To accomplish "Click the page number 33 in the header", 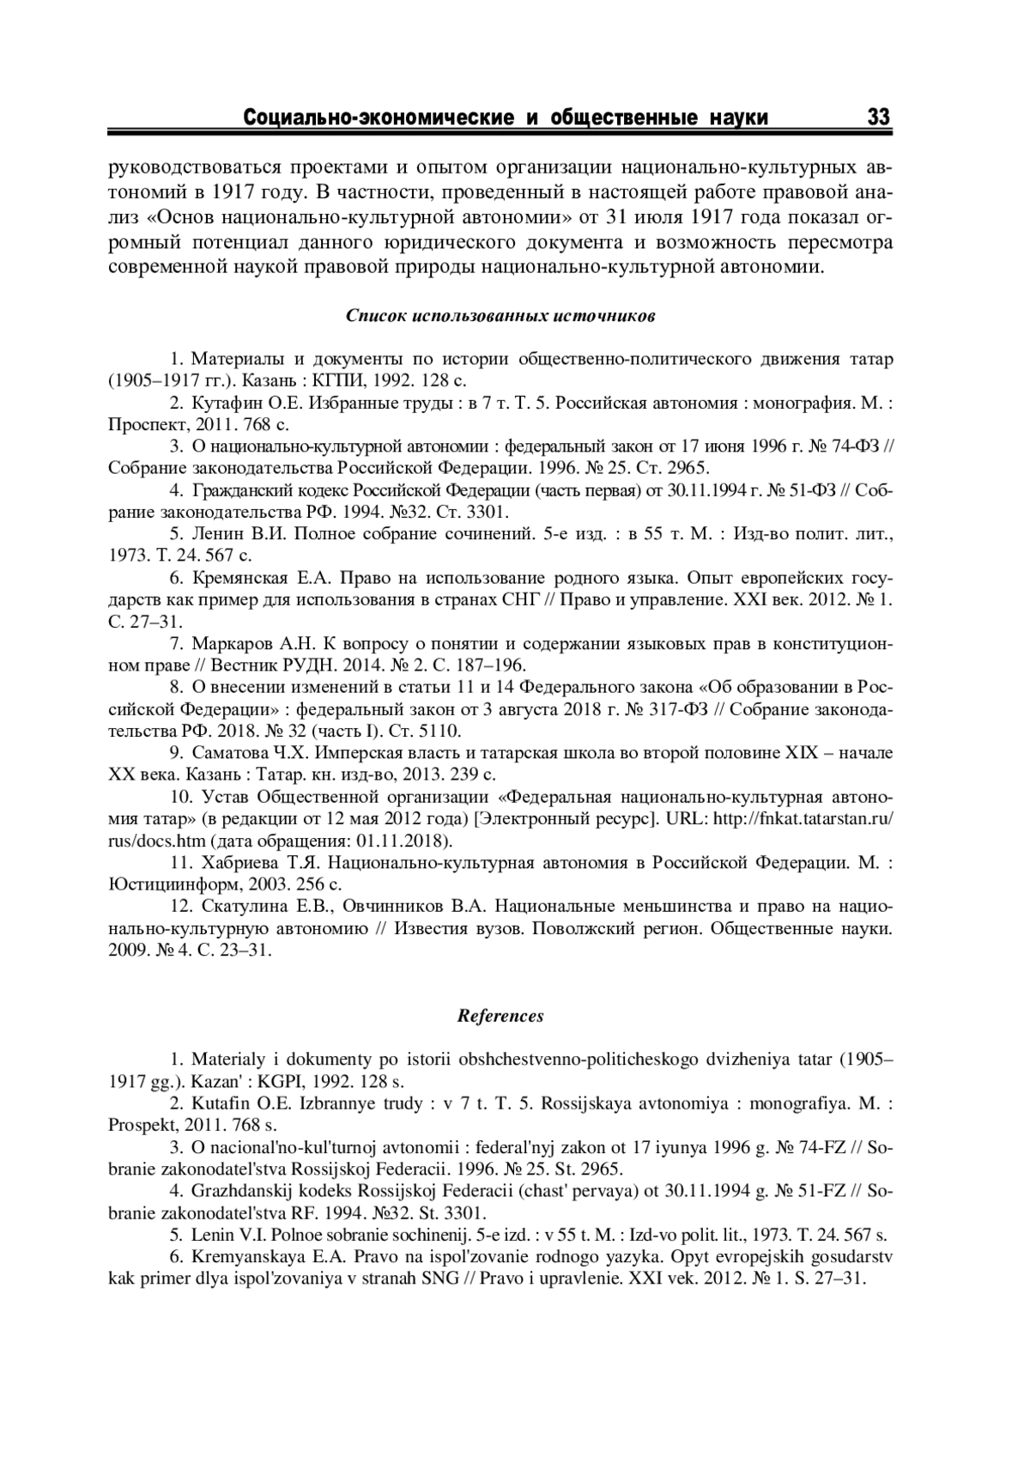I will (x=880, y=117).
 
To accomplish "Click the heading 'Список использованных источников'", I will (x=501, y=315).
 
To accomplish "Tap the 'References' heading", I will (x=500, y=1016).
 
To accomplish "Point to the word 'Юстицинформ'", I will (x=170, y=884).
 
